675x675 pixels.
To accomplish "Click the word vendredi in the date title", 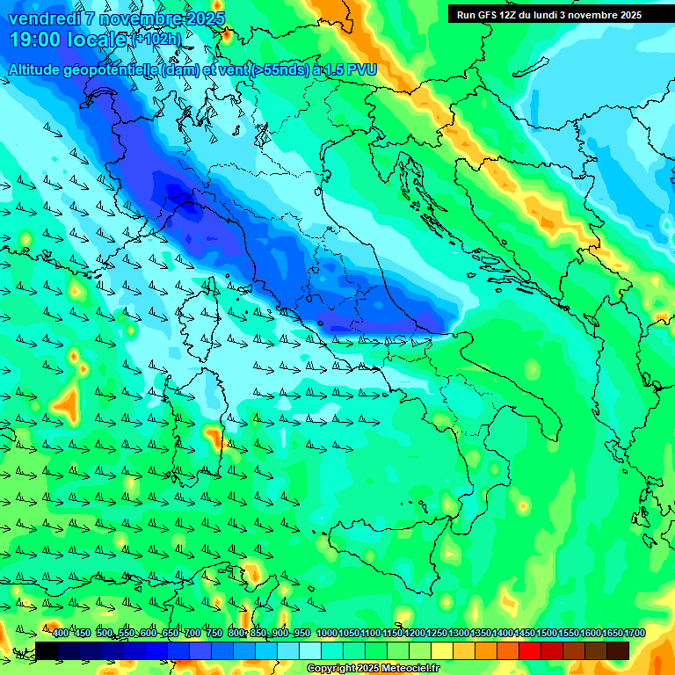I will click(x=47, y=18).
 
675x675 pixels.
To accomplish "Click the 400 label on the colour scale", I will click(x=60, y=634).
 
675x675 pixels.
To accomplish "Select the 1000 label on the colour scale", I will click(x=326, y=634).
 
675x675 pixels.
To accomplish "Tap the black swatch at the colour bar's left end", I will click(x=47, y=650).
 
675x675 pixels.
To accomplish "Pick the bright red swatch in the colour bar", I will click(x=530, y=650).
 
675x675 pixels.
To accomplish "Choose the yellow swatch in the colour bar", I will click(x=442, y=650).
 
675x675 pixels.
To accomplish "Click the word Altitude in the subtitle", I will click(x=39, y=69).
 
